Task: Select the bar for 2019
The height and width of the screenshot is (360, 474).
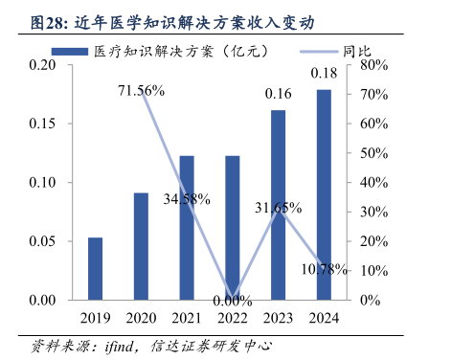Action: pyautogui.click(x=96, y=269)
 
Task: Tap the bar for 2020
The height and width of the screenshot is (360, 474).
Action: pyautogui.click(x=141, y=247)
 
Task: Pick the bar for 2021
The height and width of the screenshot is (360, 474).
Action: pyautogui.click(x=187, y=228)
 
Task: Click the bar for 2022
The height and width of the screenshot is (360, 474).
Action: pyautogui.click(x=233, y=228)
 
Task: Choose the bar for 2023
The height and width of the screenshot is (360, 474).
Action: pyautogui.click(x=278, y=206)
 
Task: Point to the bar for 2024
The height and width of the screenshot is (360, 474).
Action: pyautogui.click(x=324, y=195)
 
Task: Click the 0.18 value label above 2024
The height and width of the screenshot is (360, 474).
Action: pyautogui.click(x=324, y=75)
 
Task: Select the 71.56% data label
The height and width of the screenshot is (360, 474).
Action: pyautogui.click(x=141, y=91)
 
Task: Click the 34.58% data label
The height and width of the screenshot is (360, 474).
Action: pyautogui.click(x=187, y=199)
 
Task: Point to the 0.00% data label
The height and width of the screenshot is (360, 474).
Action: pyautogui.click(x=233, y=301)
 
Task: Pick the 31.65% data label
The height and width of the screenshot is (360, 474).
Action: pyautogui.click(x=279, y=207)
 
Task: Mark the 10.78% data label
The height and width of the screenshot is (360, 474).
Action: pyautogui.click(x=324, y=269)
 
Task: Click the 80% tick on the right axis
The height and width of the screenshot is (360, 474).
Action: pyautogui.click(x=374, y=65)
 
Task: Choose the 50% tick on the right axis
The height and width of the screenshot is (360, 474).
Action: pyautogui.click(x=374, y=153)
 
